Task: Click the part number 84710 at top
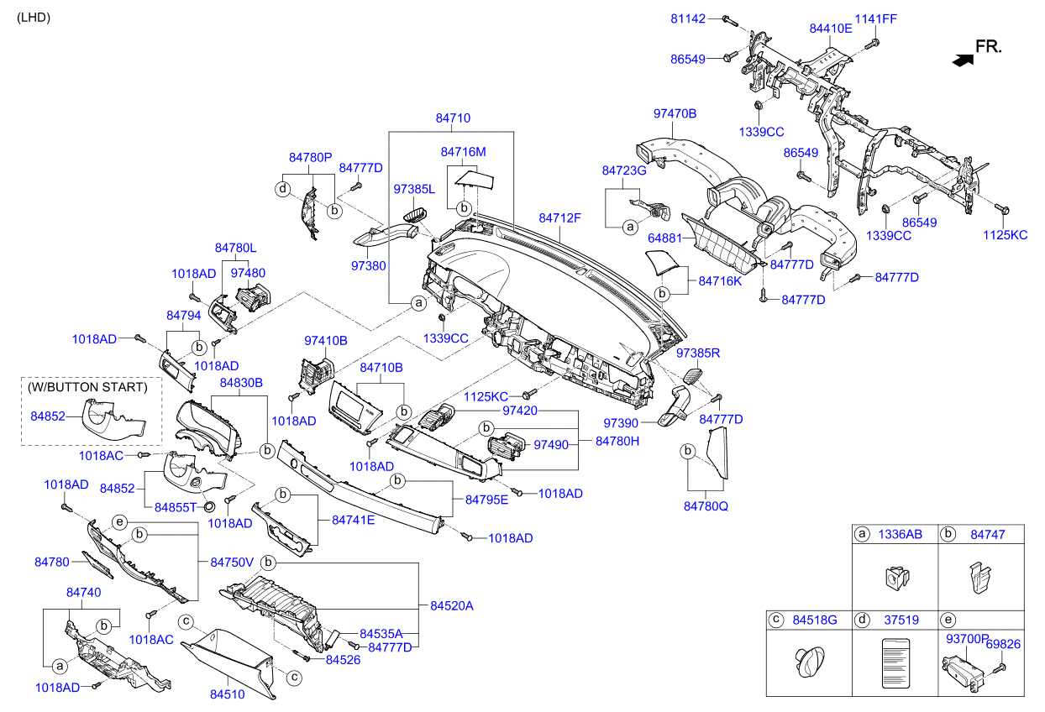tap(453, 119)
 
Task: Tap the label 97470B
tap(675, 113)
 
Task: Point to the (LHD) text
tap(34, 17)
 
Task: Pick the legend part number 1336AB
tap(900, 534)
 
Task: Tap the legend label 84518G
tap(816, 620)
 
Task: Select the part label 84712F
tap(560, 218)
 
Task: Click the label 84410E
tap(831, 28)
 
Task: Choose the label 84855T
tap(176, 507)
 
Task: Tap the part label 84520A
tap(452, 605)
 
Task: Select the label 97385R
tap(698, 353)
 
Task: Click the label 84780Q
tap(706, 506)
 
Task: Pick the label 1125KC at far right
tap(1005, 235)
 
